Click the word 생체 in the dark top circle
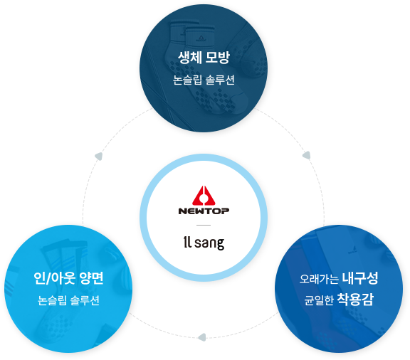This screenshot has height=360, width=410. pos(189,58)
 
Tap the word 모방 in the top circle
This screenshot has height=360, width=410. pos(218,58)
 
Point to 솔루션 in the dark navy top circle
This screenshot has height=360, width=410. pos(220,80)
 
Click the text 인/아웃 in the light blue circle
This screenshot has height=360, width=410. pos(54,278)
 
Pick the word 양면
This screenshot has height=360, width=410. pos(92,278)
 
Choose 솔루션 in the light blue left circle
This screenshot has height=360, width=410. pos(85,300)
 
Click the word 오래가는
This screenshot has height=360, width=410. pos(319,279)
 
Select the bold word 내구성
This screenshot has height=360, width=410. pos(360,278)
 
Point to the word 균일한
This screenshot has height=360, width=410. pos(319,300)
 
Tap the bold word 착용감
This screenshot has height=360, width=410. pos(355,300)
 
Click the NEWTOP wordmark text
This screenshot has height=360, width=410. pos(204,211)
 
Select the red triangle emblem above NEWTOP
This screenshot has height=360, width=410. pos(204,195)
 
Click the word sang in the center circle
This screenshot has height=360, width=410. pos(209,243)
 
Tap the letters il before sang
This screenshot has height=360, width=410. pos(187,242)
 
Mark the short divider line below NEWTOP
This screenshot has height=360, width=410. pos(204,225)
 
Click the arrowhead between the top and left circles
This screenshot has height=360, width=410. pos(99,157)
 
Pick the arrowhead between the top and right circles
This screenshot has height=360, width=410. pos(307,155)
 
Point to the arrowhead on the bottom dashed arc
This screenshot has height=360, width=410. pos(202,337)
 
